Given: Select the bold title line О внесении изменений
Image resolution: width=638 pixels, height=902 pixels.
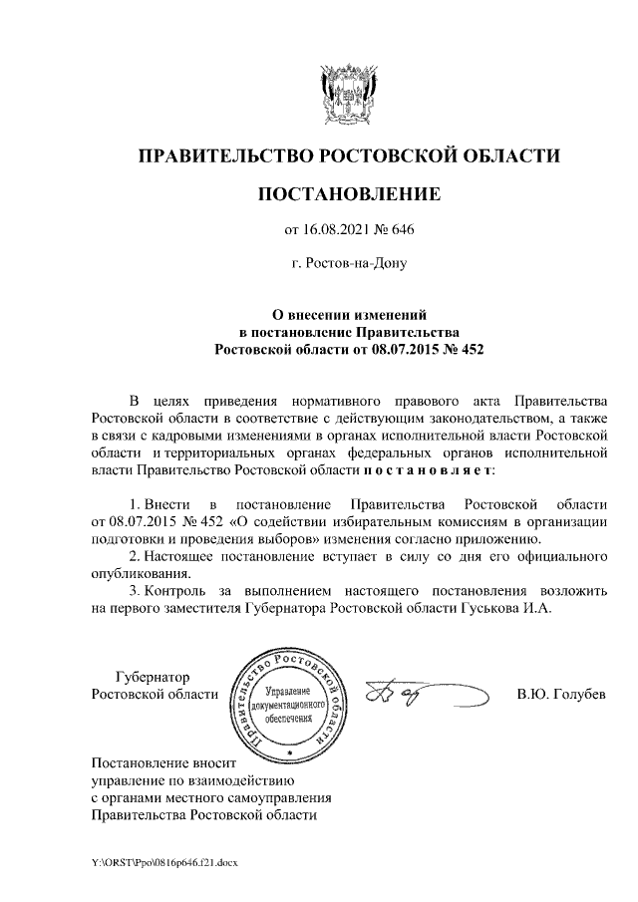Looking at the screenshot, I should [x=348, y=312].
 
